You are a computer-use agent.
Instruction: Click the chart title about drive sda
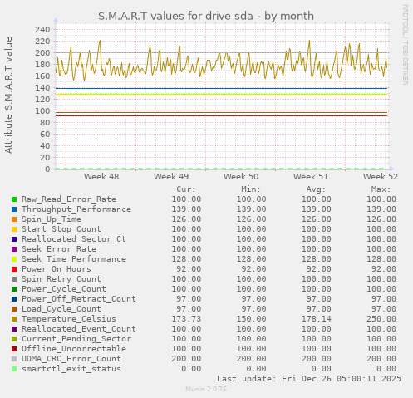click(206, 16)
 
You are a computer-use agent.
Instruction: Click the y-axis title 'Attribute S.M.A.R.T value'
click(9, 95)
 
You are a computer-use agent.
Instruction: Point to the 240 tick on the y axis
click(42, 29)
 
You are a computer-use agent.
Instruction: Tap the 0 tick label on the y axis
click(47, 169)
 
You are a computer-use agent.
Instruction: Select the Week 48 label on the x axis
click(101, 177)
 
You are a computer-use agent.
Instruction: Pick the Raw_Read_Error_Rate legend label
click(69, 199)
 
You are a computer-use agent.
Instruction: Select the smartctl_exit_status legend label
click(71, 369)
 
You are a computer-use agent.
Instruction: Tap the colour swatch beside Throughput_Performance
click(14, 209)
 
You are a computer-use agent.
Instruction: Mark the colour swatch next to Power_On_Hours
click(14, 269)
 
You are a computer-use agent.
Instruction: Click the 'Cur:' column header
click(186, 189)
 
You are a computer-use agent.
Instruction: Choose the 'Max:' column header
click(381, 189)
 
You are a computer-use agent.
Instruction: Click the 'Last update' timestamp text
click(308, 379)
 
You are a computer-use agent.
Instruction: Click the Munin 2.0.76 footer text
click(206, 389)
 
